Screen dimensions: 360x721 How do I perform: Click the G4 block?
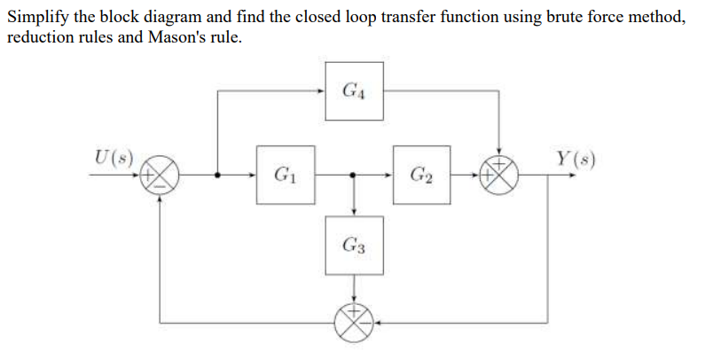click(x=354, y=90)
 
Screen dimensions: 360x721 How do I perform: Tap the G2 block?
click(x=422, y=175)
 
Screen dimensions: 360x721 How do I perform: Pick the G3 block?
click(x=354, y=245)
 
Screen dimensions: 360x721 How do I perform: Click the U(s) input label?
click(x=114, y=160)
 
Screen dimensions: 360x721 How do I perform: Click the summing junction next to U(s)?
click(x=161, y=176)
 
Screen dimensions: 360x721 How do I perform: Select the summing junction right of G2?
click(x=502, y=176)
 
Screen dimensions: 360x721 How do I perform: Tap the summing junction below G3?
click(x=354, y=322)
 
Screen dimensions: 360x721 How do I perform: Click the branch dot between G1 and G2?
click(x=354, y=176)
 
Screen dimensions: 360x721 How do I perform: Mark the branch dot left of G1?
click(x=218, y=176)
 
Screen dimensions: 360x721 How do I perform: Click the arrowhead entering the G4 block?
click(x=321, y=90)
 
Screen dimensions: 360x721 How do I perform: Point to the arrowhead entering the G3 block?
click(x=354, y=212)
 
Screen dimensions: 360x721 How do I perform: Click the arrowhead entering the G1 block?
click(x=252, y=176)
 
